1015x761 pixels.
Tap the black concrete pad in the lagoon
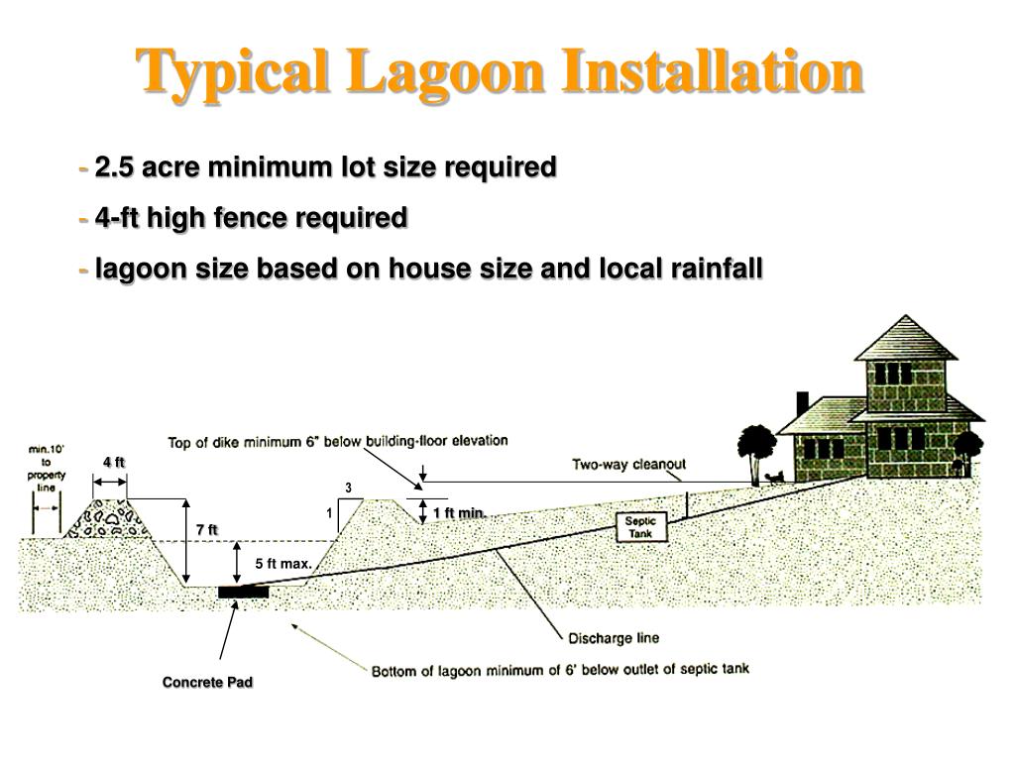point(243,592)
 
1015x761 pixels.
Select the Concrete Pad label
point(208,683)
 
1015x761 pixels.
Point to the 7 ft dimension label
point(206,530)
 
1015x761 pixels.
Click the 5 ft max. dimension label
point(283,564)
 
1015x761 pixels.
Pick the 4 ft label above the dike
point(114,463)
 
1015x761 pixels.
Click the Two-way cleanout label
point(628,465)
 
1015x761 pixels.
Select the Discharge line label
point(614,637)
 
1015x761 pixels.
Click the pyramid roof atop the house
point(906,338)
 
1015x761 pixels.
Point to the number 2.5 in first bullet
point(115,167)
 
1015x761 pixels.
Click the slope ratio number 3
point(348,488)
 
